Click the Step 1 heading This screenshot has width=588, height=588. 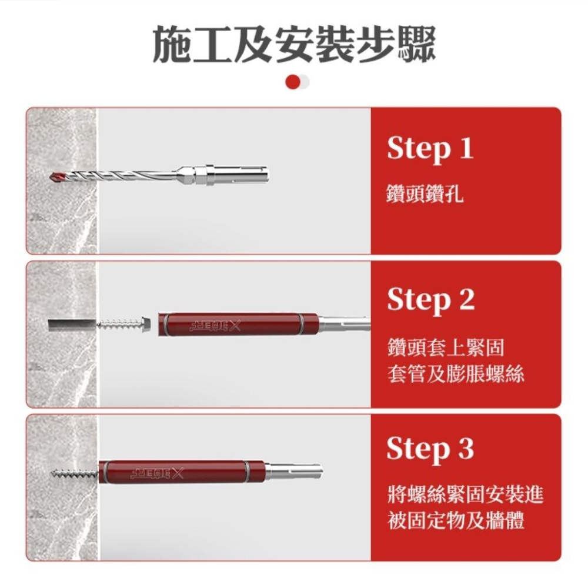(430, 149)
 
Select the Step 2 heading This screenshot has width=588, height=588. (430, 300)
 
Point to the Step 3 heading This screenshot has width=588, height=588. (430, 450)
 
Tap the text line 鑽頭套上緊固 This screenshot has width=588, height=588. (445, 348)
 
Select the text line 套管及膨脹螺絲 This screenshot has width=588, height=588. (455, 374)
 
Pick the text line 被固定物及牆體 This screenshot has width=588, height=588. (456, 521)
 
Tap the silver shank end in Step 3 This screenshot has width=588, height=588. (294, 471)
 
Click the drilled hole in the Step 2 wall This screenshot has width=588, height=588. (71, 324)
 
